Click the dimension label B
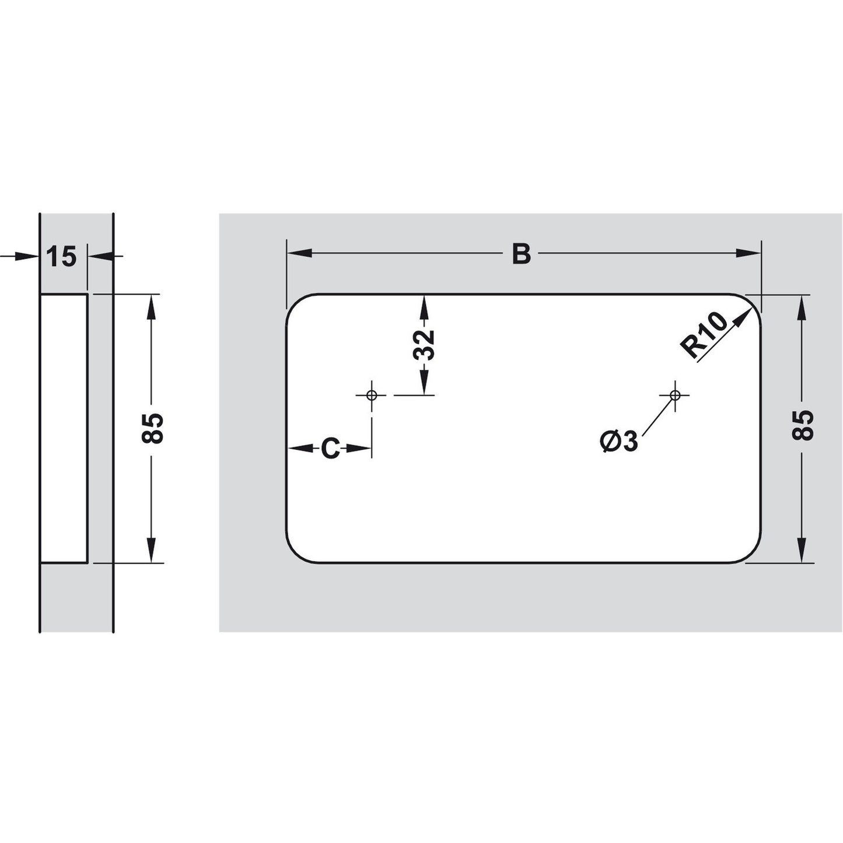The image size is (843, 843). click(521, 254)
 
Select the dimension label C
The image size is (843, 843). click(330, 449)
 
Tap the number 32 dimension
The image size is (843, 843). click(425, 345)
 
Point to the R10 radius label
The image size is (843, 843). click(704, 335)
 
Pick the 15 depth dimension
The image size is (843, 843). click(62, 256)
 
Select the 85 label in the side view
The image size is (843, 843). click(153, 428)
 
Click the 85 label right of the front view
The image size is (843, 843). click(803, 425)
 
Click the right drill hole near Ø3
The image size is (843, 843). click(675, 395)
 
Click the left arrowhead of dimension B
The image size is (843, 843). click(298, 253)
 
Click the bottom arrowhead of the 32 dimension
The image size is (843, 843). click(425, 385)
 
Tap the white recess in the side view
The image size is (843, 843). click(64, 428)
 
